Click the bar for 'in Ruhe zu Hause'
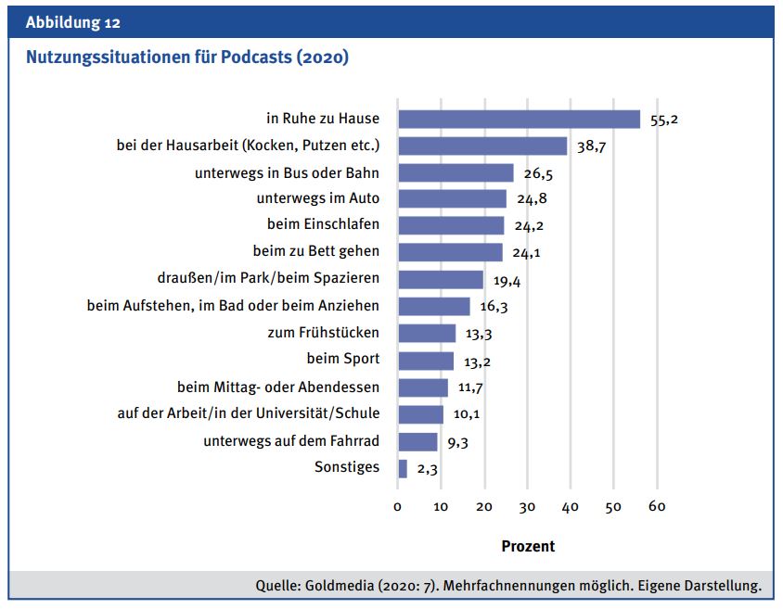coord(519,119)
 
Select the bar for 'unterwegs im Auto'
coord(452,198)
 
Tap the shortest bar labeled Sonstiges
coord(402,468)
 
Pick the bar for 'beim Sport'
coord(426,361)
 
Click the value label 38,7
coord(591,146)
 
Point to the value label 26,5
coord(538,173)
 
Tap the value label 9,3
coord(457,443)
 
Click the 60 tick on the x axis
coord(657,506)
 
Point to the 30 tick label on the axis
coord(527,506)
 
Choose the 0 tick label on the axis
coord(398,506)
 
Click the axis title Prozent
coord(528,546)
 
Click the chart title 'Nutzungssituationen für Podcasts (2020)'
coord(187,57)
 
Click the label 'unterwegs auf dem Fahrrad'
coord(291,440)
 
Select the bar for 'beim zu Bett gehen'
coord(450,252)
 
